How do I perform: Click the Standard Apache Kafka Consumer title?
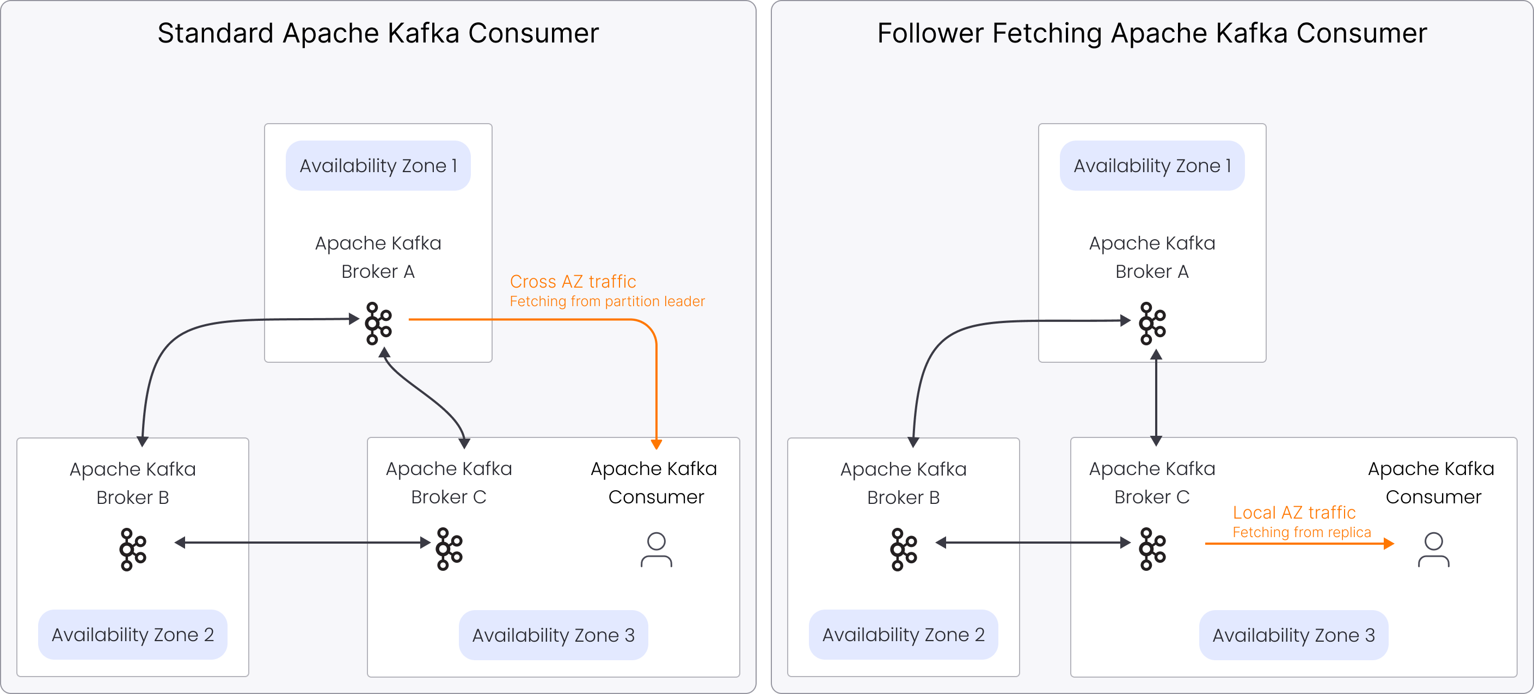(378, 33)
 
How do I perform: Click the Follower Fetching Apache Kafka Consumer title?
(1152, 33)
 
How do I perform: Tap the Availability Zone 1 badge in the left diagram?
(378, 166)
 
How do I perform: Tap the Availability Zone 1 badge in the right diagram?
(1152, 166)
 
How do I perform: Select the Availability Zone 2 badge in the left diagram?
(132, 635)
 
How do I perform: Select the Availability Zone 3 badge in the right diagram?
(1293, 635)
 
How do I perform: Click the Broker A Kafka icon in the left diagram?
(378, 324)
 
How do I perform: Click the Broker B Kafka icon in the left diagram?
(133, 549)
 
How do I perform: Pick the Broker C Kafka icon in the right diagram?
(1152, 549)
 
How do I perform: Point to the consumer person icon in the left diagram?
(656, 549)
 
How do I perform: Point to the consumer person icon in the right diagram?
(1433, 549)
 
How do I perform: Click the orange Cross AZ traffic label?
(573, 281)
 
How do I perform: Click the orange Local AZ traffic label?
(1293, 512)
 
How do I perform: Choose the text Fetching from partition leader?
(607, 301)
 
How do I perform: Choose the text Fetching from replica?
(1301, 532)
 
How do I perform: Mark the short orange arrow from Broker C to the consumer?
(1298, 543)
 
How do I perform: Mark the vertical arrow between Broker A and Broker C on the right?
(1156, 398)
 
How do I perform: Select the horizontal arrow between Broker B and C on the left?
(303, 543)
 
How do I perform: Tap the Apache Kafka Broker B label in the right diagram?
(904, 483)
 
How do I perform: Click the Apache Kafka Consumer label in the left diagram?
(654, 483)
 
